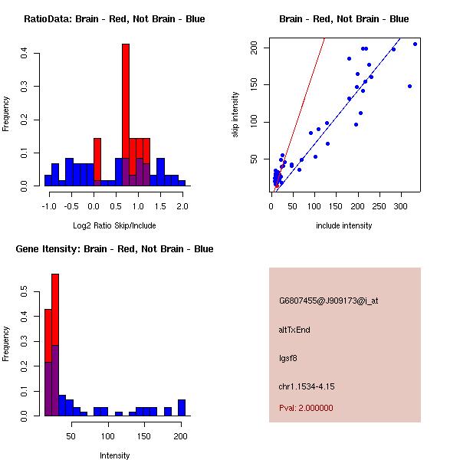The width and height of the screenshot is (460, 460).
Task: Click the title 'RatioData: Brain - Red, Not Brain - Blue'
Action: (114, 18)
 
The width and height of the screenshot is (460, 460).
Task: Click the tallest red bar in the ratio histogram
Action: (125, 115)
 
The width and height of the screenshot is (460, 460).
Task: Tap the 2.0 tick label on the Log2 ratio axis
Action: (182, 206)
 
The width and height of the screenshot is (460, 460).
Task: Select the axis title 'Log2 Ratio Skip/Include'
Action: (114, 225)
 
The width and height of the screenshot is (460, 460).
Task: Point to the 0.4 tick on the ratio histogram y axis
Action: (25, 53)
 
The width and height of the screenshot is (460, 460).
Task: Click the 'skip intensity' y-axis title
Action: (235, 115)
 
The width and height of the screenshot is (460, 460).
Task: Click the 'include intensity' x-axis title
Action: (343, 225)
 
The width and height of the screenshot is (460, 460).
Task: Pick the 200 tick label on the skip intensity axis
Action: (254, 48)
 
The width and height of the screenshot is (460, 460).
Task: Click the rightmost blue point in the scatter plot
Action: (415, 44)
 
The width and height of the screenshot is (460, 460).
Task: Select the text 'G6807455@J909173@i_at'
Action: (328, 301)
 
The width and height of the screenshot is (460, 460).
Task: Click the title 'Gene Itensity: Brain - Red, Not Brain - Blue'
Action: (114, 248)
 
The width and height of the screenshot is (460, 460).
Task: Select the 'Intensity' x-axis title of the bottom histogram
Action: (114, 455)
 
